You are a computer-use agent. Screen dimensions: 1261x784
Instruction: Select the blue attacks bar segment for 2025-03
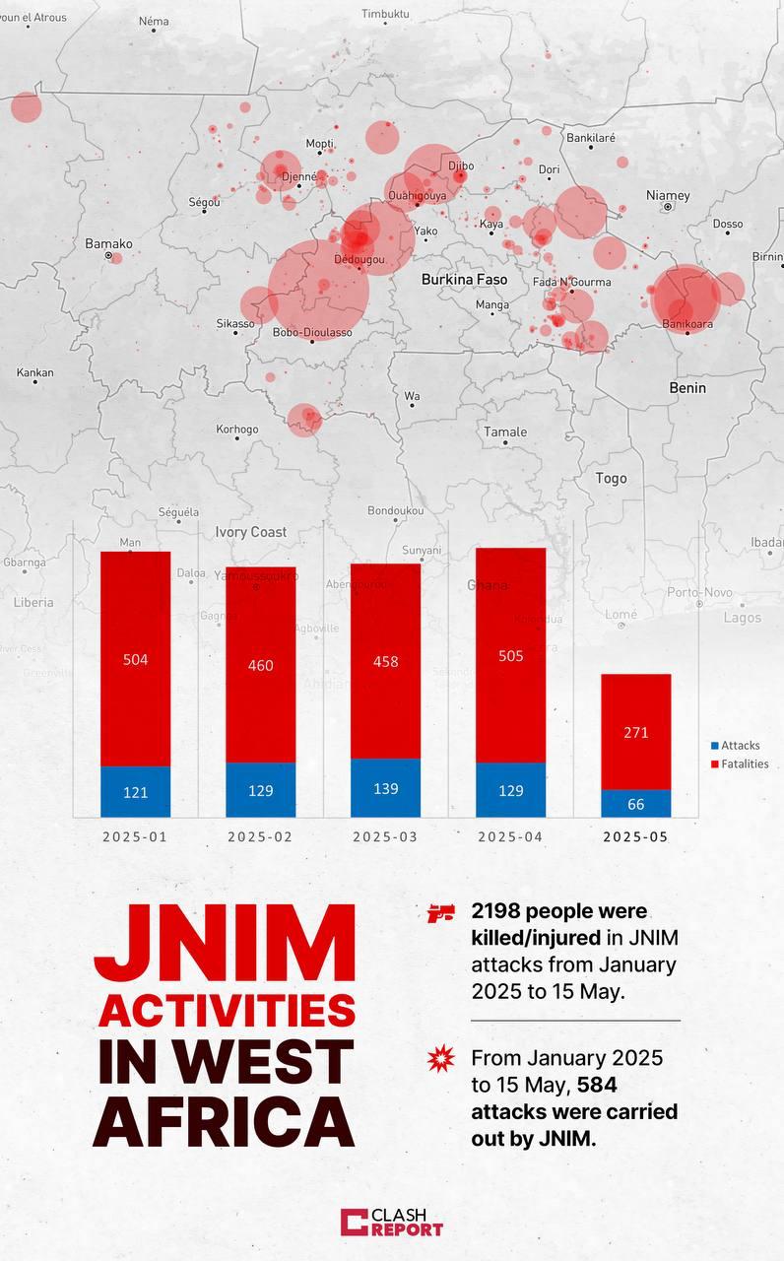pyautogui.click(x=385, y=788)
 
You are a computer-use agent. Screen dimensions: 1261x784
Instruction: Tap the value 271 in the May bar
pyautogui.click(x=635, y=732)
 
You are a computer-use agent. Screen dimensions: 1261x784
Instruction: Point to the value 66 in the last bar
pyautogui.click(x=635, y=804)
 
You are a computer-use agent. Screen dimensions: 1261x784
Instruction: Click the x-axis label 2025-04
pyautogui.click(x=510, y=836)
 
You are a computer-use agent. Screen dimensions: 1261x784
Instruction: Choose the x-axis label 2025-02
pyautogui.click(x=260, y=836)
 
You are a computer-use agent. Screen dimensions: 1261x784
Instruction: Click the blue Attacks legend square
pyautogui.click(x=714, y=746)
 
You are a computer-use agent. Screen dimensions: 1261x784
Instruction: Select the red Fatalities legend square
pyautogui.click(x=714, y=763)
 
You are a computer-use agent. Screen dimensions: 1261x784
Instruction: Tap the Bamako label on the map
pyautogui.click(x=108, y=243)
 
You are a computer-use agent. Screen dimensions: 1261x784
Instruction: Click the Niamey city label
pyautogui.click(x=668, y=196)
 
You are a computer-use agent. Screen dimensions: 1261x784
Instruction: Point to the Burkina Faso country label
pyautogui.click(x=464, y=280)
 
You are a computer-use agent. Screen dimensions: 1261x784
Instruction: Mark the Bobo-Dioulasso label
pyautogui.click(x=312, y=332)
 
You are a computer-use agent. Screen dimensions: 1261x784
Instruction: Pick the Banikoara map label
pyautogui.click(x=686, y=323)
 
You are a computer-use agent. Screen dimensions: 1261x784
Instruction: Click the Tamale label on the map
pyautogui.click(x=505, y=431)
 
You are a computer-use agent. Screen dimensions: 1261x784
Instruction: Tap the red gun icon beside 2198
pyautogui.click(x=439, y=913)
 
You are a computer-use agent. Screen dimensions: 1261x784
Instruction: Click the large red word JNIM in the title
pyautogui.click(x=224, y=943)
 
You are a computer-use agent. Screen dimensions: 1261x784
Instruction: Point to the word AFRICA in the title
pyautogui.click(x=224, y=1119)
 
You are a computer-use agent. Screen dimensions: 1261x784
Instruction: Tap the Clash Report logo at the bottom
pyautogui.click(x=392, y=1223)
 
